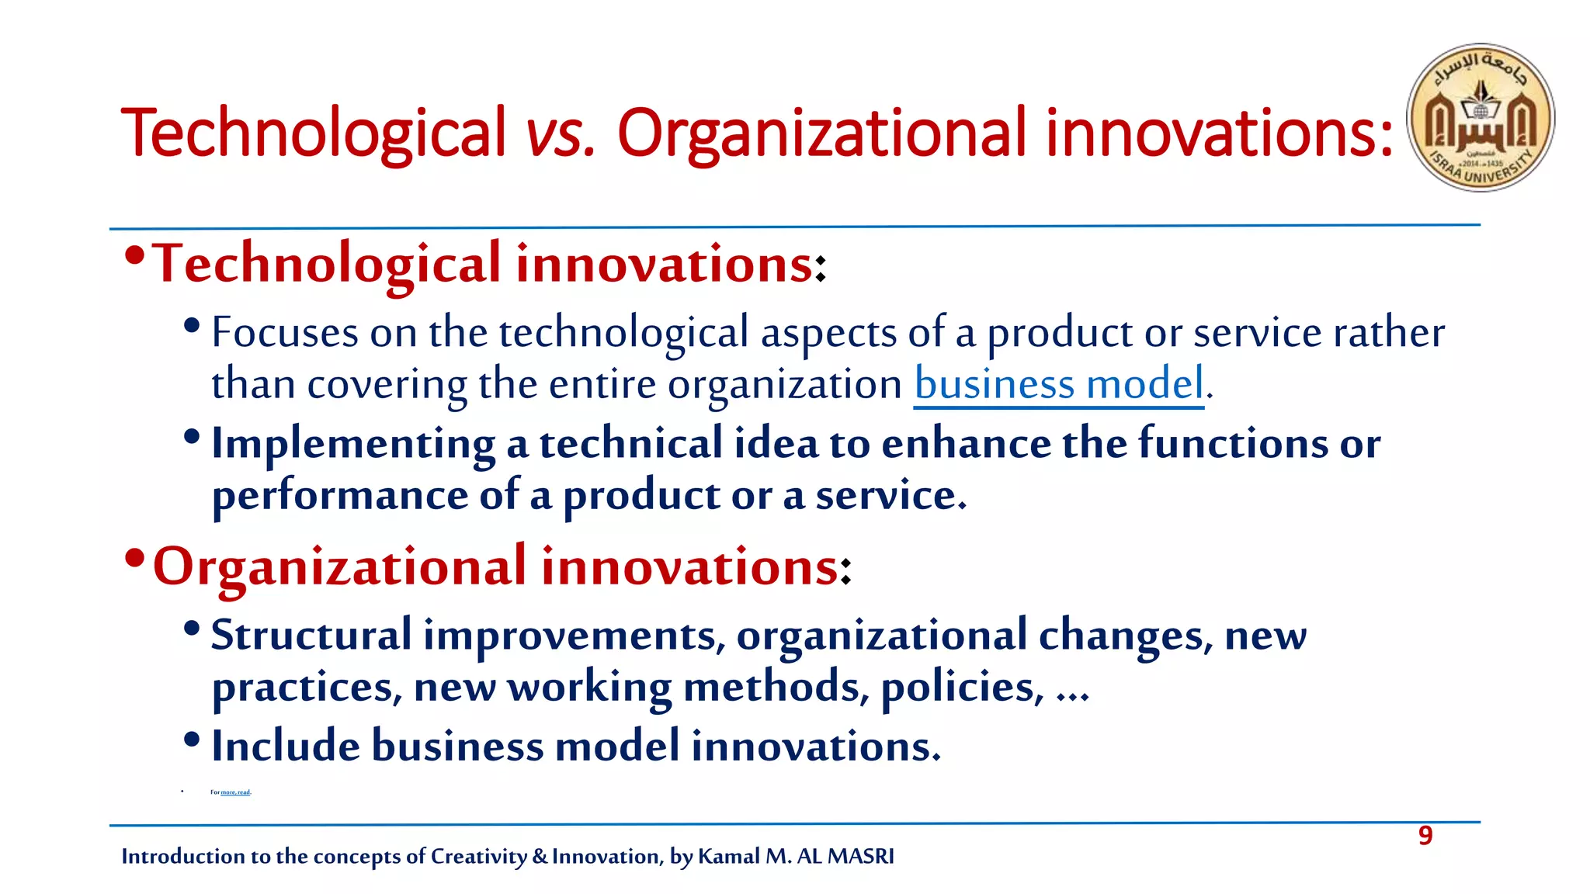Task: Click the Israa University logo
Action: pyautogui.click(x=1481, y=117)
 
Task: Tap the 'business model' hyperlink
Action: pyautogui.click(x=1059, y=384)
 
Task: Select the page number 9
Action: pyautogui.click(x=1425, y=836)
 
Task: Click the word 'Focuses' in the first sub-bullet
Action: pyautogui.click(x=285, y=333)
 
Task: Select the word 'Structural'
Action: pyautogui.click(x=311, y=635)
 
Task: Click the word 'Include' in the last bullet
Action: pyautogui.click(x=285, y=746)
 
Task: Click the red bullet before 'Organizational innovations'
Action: pyautogui.click(x=134, y=558)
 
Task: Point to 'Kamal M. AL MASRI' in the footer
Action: pyautogui.click(x=796, y=856)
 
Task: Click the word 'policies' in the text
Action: pyautogui.click(x=961, y=687)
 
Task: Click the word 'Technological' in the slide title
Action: pyautogui.click(x=313, y=133)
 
